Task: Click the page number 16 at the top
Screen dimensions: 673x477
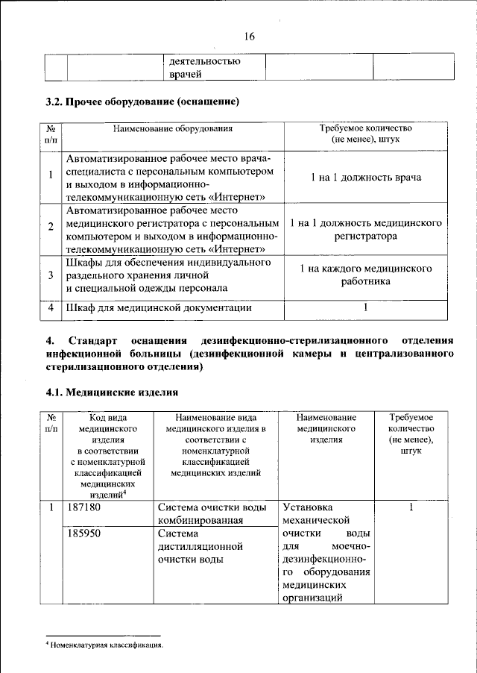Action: (249, 37)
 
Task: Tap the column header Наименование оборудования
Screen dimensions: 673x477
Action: (173, 128)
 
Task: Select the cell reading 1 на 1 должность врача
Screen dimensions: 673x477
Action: (366, 178)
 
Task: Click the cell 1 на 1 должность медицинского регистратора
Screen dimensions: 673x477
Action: (366, 230)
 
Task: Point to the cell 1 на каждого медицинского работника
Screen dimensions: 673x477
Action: (366, 275)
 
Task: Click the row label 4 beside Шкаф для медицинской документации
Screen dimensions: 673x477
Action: (50, 307)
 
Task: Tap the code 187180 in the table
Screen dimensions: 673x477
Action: (83, 508)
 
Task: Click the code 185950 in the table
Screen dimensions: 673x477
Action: (83, 534)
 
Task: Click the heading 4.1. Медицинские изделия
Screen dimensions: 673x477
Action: (112, 392)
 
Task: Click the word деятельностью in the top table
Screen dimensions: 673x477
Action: (205, 62)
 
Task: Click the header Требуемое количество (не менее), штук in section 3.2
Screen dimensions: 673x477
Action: (366, 134)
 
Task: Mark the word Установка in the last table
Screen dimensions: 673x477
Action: (309, 508)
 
